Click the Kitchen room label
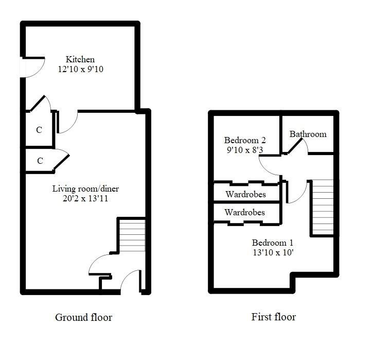click(80, 59)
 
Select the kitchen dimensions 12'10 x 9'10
click(80, 69)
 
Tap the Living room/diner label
click(85, 188)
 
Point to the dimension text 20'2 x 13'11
click(85, 198)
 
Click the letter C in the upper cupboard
click(39, 130)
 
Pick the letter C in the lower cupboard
click(40, 161)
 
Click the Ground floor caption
click(83, 317)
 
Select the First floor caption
click(273, 317)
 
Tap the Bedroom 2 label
click(245, 140)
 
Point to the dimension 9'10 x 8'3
click(245, 150)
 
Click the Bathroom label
click(308, 134)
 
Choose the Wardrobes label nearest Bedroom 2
click(245, 195)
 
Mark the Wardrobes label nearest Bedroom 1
click(245, 212)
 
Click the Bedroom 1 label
click(272, 243)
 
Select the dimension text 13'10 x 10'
click(272, 253)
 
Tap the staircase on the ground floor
click(132, 235)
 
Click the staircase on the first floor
click(323, 207)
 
